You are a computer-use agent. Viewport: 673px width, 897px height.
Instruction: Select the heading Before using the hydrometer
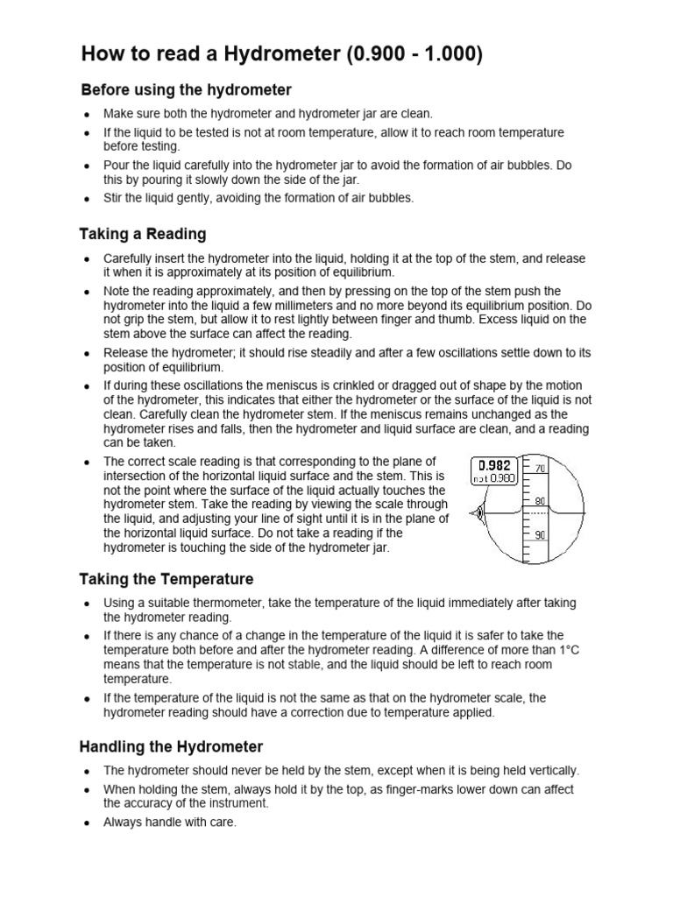click(x=186, y=90)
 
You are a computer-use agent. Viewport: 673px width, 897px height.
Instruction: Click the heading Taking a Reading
click(x=143, y=234)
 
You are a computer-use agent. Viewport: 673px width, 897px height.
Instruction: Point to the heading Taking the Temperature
click(x=166, y=579)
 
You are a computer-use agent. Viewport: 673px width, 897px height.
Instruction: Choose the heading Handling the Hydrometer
click(x=171, y=747)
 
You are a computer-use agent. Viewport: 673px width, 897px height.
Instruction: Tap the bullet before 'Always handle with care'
click(x=86, y=823)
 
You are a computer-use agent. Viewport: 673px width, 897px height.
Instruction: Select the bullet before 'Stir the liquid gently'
click(x=86, y=198)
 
